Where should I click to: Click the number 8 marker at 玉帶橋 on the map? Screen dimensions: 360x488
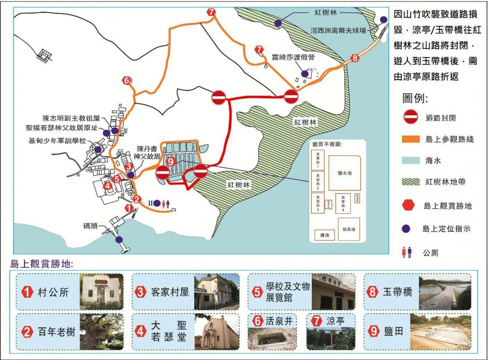[355, 58]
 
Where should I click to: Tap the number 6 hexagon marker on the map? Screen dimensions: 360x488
[126, 80]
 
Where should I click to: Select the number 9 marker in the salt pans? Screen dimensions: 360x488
[170, 161]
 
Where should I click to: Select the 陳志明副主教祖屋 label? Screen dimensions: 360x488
[71, 118]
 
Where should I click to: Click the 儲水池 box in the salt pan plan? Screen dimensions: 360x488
[345, 173]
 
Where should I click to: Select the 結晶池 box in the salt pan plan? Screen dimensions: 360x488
[349, 228]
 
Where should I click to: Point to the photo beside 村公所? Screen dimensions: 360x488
[102, 292]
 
